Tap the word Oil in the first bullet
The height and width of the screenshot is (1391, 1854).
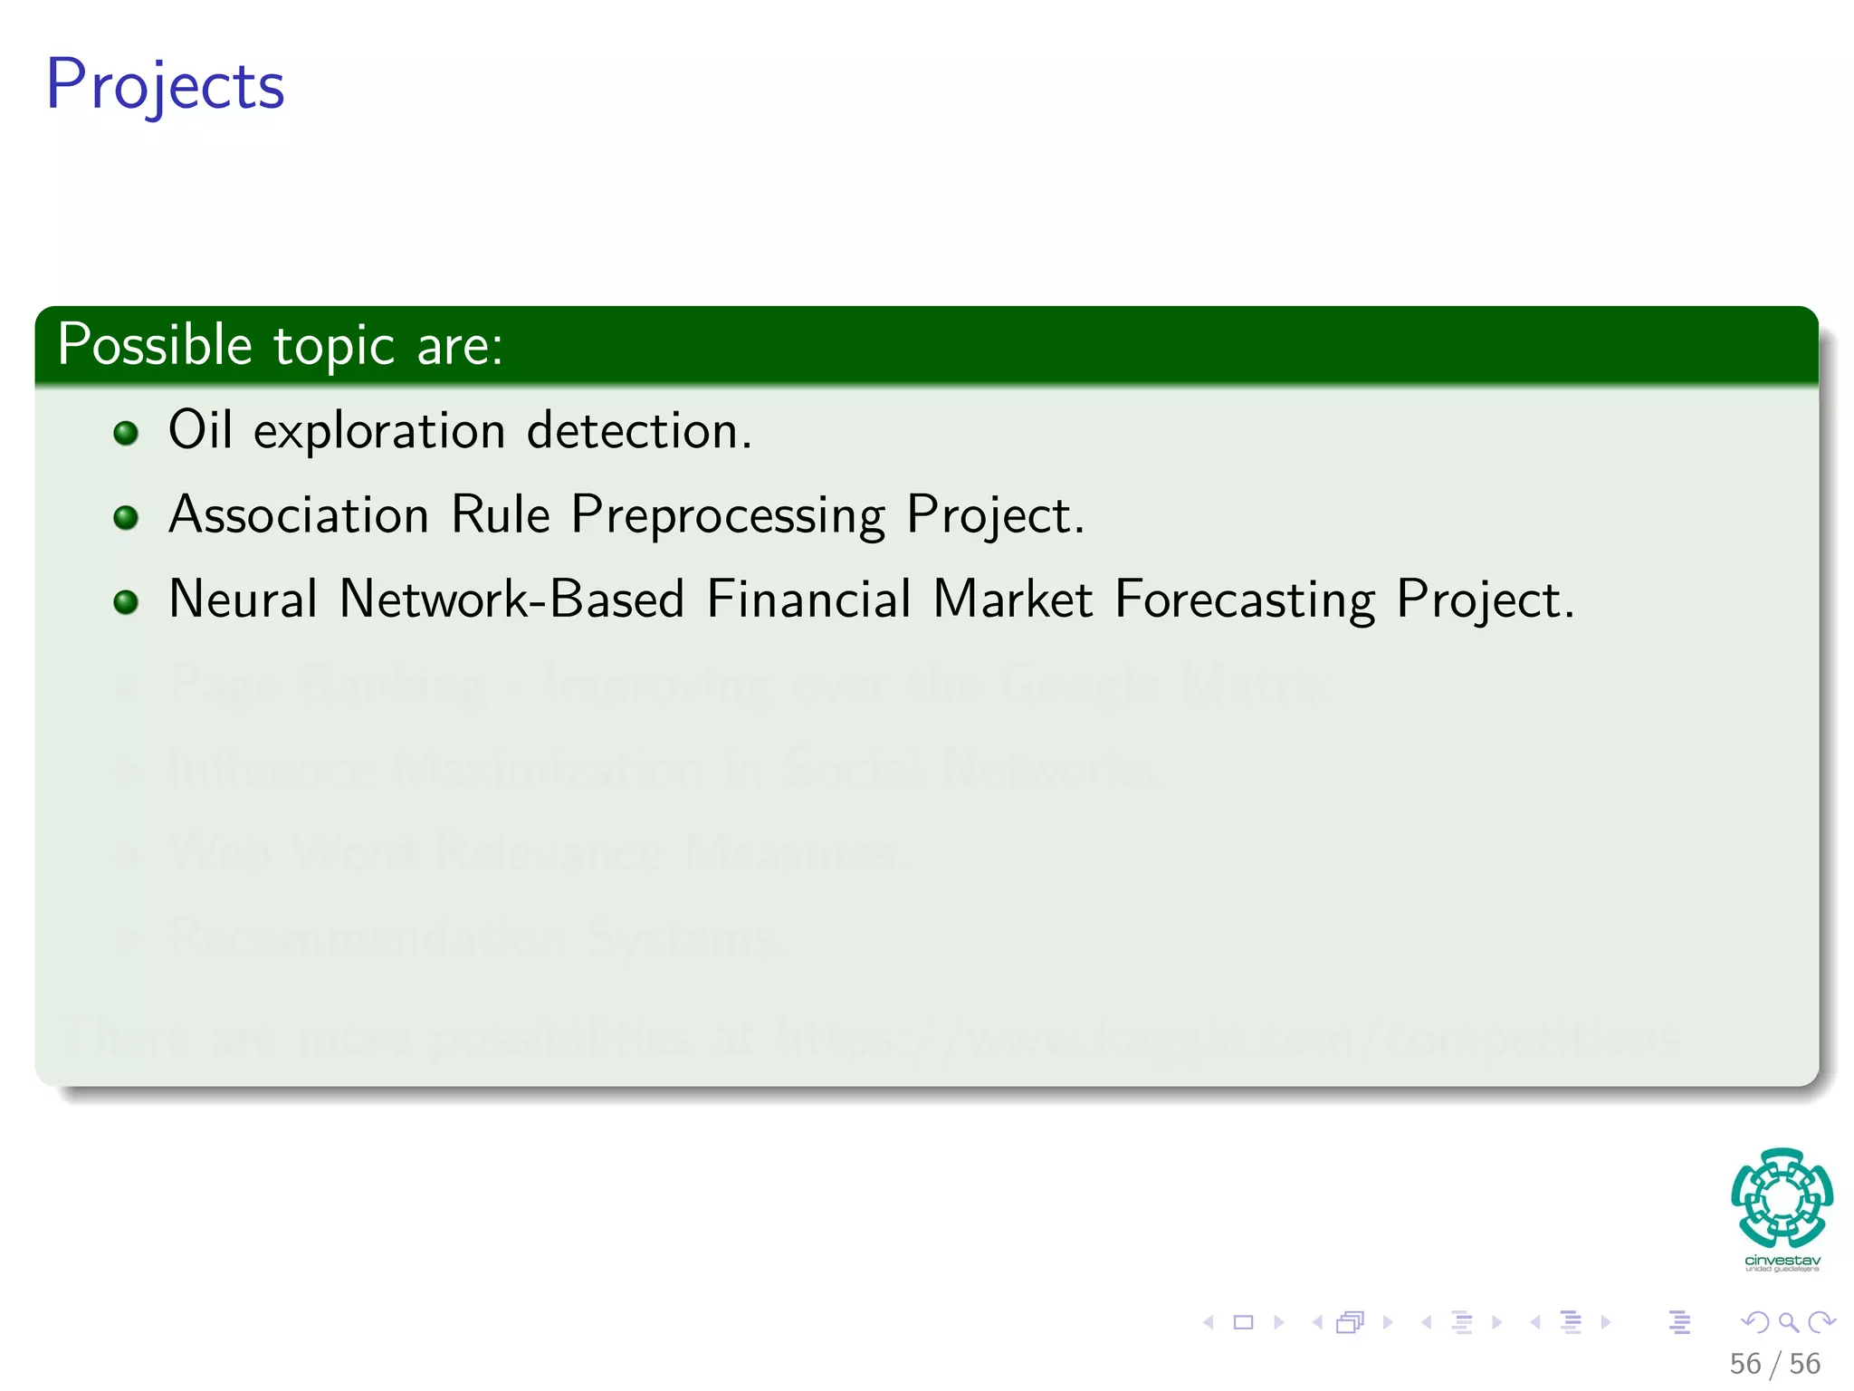(x=200, y=429)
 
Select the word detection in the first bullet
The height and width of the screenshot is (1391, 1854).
(x=638, y=429)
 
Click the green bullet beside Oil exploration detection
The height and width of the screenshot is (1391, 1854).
(x=126, y=433)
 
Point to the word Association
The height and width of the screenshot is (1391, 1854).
(x=299, y=514)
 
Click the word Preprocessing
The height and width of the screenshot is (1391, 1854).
(x=728, y=516)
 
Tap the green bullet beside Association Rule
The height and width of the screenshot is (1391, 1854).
(x=126, y=518)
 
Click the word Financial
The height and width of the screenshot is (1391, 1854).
(x=808, y=600)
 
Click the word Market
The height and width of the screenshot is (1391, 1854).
(x=1013, y=600)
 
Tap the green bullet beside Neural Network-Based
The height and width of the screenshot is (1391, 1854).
(x=126, y=602)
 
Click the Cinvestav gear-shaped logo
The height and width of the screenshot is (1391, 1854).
(x=1782, y=1199)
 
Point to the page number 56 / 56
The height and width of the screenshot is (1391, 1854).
(x=1774, y=1364)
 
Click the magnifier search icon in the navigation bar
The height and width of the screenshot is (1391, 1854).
(x=1788, y=1322)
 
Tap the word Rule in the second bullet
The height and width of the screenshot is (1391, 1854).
(x=500, y=514)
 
